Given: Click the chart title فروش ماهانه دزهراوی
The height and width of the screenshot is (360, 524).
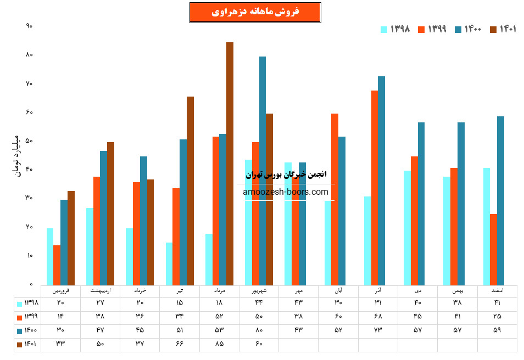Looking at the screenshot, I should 255,12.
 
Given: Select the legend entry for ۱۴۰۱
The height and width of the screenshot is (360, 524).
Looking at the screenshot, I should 503,29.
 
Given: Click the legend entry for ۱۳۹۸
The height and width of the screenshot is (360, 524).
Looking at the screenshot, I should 396,29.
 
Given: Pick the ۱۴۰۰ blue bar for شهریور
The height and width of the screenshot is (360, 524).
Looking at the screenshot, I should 263,170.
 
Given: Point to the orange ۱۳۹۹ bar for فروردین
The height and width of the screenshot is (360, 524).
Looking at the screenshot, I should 57,265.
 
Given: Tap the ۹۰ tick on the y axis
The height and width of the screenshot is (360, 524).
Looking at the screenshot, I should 30,26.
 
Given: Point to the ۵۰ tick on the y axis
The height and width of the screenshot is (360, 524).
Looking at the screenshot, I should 30,140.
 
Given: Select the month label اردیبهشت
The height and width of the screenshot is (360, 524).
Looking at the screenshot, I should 100,290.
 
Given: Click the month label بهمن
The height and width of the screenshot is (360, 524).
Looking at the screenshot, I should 458,290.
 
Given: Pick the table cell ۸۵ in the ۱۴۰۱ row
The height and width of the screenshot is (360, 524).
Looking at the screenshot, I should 219,344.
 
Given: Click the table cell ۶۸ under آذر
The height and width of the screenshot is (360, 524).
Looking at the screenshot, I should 378,316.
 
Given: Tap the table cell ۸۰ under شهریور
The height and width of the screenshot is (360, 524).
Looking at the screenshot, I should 259,330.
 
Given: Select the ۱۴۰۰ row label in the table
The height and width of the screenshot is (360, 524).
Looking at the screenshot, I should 27,330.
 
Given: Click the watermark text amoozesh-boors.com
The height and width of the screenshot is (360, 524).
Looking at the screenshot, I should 286,192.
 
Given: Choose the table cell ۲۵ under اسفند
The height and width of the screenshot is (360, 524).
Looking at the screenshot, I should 497,316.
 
